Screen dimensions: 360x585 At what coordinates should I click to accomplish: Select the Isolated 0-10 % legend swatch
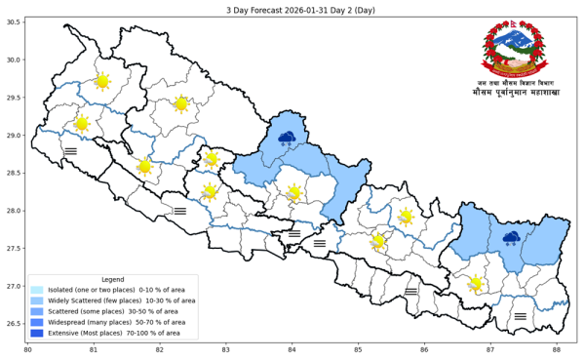[37, 290]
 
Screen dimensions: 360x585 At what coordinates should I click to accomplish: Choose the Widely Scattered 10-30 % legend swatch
[37, 300]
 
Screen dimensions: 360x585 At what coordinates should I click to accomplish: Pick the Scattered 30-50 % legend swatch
[37, 311]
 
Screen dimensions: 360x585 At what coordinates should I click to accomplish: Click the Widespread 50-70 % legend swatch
[37, 322]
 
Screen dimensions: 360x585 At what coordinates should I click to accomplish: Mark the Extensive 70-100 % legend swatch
[37, 333]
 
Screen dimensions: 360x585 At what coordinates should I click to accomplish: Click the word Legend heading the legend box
[113, 279]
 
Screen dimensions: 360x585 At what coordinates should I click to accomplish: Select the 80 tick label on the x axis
[27, 350]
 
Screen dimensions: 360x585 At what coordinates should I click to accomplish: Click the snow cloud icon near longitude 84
[287, 138]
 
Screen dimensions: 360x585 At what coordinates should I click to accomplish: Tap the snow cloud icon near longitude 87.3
[511, 237]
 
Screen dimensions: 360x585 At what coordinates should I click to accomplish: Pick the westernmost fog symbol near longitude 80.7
[70, 151]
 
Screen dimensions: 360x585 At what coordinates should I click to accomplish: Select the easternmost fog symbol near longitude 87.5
[520, 316]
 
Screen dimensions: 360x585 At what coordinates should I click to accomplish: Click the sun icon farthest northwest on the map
[102, 82]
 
